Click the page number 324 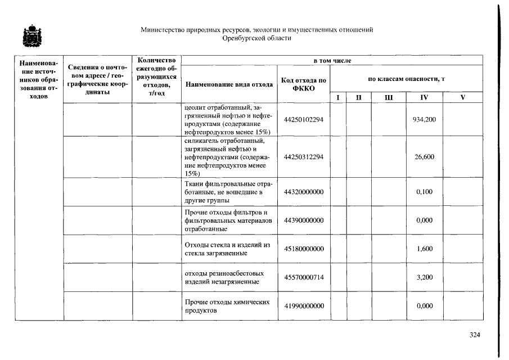(475, 335)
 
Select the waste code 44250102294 (304, 120)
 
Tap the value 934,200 (424, 120)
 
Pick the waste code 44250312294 (304, 157)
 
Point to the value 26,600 (424, 157)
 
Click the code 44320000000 (304, 192)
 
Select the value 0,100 (424, 192)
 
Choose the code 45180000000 (304, 249)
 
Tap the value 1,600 (424, 249)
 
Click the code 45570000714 (304, 277)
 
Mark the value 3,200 (424, 277)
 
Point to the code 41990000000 (304, 306)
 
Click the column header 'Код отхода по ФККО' (304, 84)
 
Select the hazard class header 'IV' (424, 97)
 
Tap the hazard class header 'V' (462, 97)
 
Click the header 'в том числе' (332, 60)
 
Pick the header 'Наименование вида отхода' (229, 84)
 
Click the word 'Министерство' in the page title (163, 29)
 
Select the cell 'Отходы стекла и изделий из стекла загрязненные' (228, 249)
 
